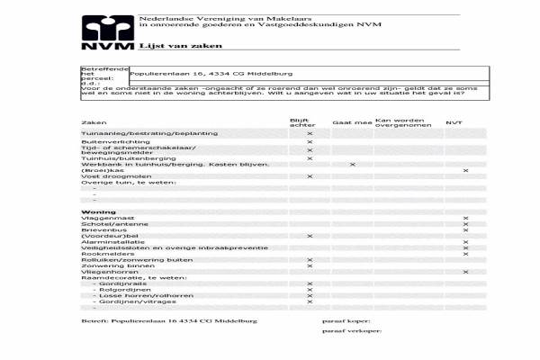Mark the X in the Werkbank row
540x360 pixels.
[x=352, y=165]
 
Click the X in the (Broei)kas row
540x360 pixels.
[x=465, y=170]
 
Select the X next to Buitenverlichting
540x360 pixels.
[x=310, y=141]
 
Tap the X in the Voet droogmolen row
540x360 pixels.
[x=310, y=176]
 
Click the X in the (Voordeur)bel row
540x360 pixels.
[x=310, y=236]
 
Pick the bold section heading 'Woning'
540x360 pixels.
[x=98, y=211]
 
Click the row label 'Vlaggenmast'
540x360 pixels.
[x=101, y=219]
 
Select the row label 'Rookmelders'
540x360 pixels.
[x=102, y=254]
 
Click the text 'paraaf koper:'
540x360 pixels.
[x=346, y=319]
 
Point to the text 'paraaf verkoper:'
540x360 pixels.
[x=352, y=331]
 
